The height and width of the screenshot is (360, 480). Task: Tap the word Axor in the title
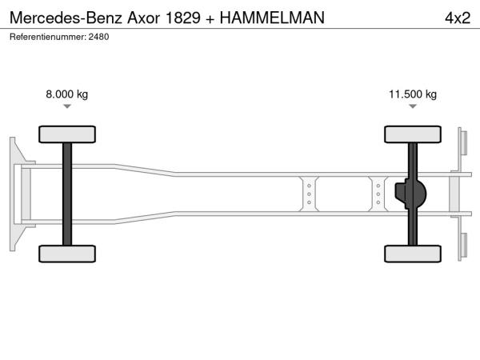(143, 18)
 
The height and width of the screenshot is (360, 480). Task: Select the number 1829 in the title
(182, 18)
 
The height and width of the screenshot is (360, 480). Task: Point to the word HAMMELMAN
(272, 18)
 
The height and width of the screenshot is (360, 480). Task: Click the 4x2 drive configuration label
(458, 18)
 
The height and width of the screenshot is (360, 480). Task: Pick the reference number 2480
(98, 37)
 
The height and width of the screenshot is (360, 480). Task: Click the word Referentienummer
(48, 37)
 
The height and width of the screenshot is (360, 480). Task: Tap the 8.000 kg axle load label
(66, 94)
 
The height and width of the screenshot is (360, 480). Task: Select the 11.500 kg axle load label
(413, 94)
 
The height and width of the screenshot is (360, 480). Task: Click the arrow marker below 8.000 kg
(67, 106)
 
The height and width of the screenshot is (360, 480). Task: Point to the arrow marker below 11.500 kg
(413, 106)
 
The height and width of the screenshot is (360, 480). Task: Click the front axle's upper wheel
(67, 134)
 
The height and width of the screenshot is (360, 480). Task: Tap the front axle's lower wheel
(67, 254)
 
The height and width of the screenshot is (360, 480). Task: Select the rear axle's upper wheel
(413, 134)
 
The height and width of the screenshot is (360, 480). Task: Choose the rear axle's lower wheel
(413, 254)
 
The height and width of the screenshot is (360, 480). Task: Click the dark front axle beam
(67, 194)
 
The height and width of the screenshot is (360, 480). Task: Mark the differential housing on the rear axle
(410, 194)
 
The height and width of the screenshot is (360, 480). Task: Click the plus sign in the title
(210, 19)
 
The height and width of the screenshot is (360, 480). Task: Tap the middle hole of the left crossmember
(309, 194)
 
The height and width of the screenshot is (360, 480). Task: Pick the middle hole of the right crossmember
(378, 194)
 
